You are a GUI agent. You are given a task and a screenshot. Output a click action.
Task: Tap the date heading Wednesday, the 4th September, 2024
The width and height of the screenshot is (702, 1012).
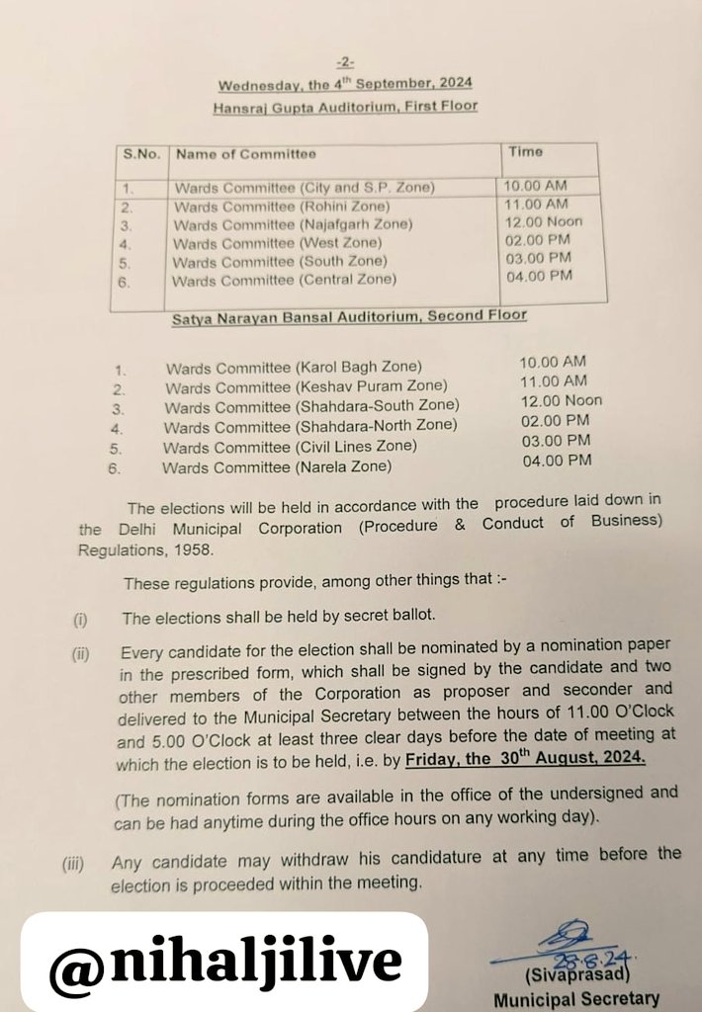click(x=345, y=85)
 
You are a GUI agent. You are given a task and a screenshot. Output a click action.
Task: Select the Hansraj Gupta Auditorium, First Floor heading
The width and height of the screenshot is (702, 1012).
click(x=345, y=106)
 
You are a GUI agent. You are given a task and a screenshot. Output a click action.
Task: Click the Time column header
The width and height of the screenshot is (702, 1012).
click(x=525, y=152)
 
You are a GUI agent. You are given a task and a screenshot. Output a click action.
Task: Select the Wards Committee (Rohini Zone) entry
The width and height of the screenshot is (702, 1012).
click(x=282, y=207)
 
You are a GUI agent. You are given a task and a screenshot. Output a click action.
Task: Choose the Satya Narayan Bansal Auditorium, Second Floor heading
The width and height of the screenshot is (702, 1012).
click(x=349, y=317)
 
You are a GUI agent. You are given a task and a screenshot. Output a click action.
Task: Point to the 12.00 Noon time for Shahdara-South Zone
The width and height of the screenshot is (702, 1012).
click(x=561, y=401)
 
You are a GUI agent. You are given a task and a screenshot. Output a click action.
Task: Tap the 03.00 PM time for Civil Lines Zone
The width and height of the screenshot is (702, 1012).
click(x=556, y=441)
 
